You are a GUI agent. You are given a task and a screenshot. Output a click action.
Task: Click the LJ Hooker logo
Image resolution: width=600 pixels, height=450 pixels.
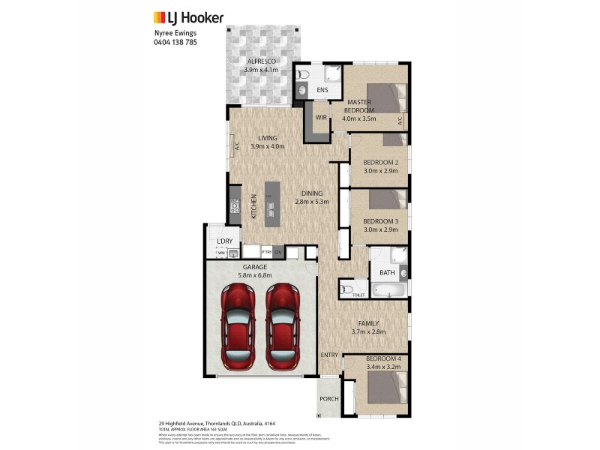(x=188, y=17)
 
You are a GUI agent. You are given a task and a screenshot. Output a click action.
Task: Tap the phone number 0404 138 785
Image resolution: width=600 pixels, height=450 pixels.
(x=176, y=43)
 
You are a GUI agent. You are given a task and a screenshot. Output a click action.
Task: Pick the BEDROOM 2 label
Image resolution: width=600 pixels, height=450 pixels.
(x=380, y=163)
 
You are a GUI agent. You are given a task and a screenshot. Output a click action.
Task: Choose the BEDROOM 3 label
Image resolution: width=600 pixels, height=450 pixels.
(x=380, y=221)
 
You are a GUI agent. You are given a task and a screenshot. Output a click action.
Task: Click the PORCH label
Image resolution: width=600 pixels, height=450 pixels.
(x=328, y=399)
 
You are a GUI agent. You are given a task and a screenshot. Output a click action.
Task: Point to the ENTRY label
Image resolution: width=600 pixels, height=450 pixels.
(x=328, y=355)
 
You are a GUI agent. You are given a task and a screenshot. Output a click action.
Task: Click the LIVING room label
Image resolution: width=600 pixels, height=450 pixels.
(x=268, y=138)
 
